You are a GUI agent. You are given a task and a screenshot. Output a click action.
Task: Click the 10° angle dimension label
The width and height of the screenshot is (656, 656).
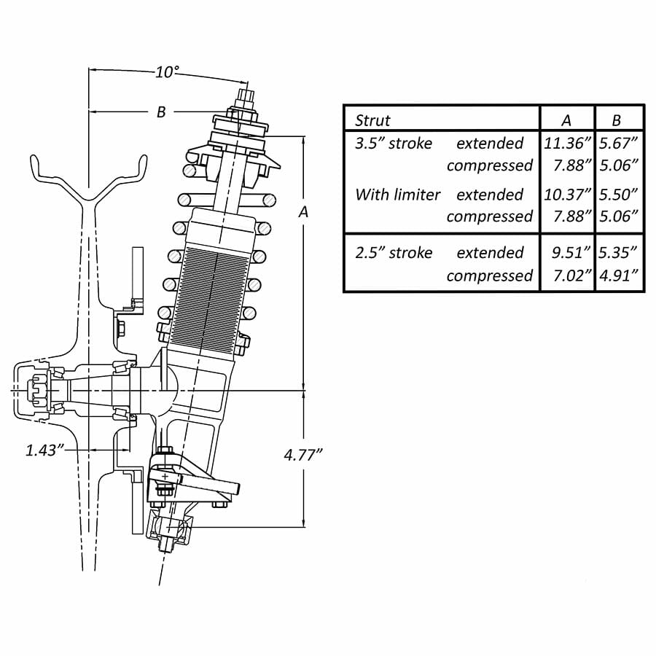click(x=167, y=72)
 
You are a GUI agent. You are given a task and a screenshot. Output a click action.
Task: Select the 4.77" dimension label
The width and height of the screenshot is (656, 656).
click(x=303, y=455)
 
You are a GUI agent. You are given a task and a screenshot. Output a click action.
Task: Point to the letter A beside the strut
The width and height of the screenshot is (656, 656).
click(x=303, y=212)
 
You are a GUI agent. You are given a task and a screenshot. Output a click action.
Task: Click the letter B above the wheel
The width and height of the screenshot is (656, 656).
click(x=161, y=112)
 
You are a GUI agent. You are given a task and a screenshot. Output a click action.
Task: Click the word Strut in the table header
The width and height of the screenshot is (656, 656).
click(x=372, y=120)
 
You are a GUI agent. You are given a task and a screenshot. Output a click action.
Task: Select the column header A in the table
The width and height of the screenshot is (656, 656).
click(x=566, y=120)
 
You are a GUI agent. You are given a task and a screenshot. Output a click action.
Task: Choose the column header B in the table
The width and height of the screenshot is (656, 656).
click(x=617, y=120)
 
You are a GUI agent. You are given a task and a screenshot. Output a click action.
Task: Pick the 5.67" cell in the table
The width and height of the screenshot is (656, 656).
click(x=619, y=143)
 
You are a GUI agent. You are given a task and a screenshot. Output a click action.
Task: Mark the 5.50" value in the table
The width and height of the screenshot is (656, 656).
click(x=619, y=195)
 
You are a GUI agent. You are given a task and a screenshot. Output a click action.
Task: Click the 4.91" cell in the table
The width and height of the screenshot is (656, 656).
click(x=619, y=276)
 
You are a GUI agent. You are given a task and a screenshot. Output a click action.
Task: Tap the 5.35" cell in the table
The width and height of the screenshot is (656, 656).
click(x=619, y=253)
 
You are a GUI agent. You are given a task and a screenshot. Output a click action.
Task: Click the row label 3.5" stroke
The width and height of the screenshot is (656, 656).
click(x=394, y=143)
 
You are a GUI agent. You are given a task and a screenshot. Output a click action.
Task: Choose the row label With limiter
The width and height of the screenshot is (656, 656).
click(x=398, y=195)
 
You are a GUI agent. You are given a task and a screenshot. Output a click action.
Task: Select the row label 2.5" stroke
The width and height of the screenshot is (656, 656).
click(x=394, y=253)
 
